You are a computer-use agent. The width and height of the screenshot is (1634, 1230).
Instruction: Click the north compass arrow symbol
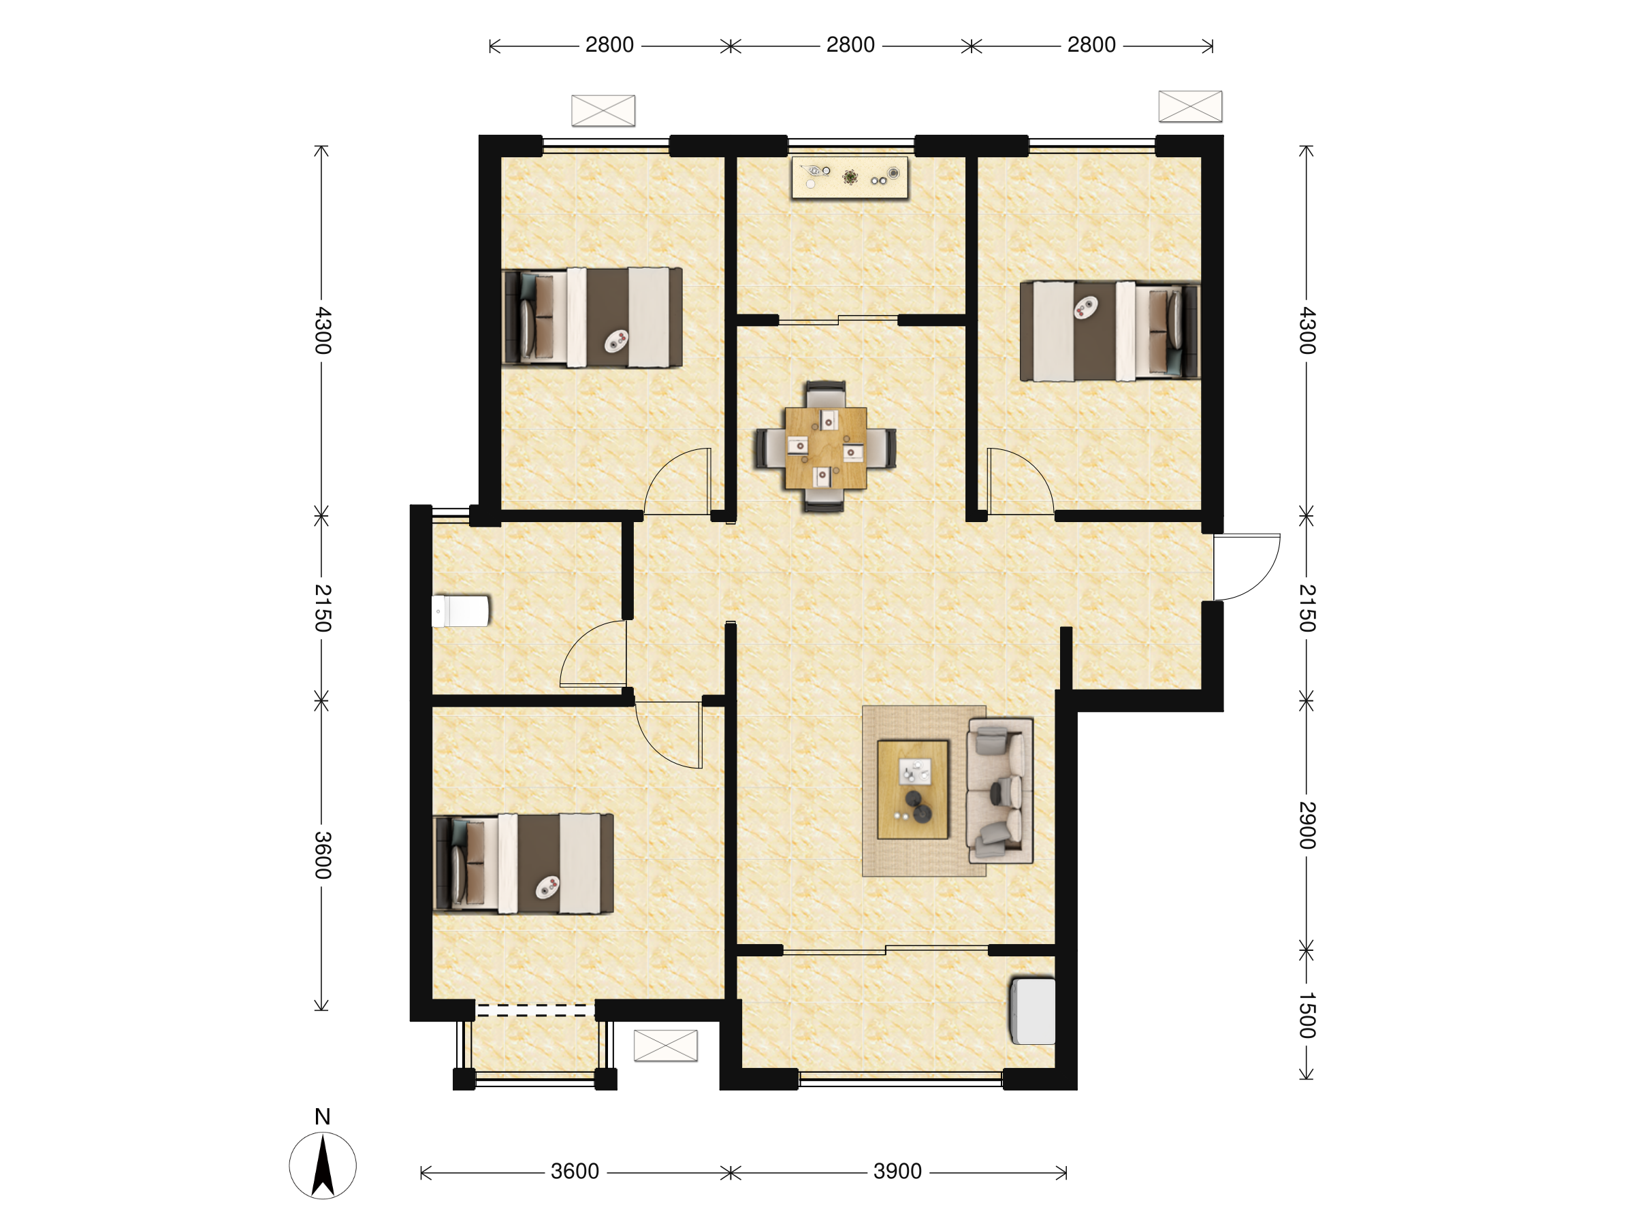coord(323,1167)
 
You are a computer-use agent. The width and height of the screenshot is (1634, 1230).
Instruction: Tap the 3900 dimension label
coord(897,1171)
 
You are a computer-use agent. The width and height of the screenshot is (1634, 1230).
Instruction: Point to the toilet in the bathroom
coord(460,611)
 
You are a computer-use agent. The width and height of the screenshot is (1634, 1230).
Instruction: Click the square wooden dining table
coord(826,448)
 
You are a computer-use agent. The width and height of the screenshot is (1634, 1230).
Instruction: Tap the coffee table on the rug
coord(913,790)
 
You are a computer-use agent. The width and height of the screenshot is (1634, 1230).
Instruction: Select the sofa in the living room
coord(1000,790)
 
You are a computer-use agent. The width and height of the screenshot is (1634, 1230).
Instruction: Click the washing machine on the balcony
coord(1033,1011)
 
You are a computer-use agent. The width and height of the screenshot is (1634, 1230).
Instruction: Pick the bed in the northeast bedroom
coord(1110,331)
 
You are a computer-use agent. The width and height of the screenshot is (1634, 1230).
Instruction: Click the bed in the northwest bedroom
coord(592,318)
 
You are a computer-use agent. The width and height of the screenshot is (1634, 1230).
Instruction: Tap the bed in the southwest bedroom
coord(523,864)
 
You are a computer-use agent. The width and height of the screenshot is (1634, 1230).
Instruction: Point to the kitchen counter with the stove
coord(850,177)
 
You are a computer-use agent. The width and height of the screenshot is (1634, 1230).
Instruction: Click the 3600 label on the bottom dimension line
coord(575,1171)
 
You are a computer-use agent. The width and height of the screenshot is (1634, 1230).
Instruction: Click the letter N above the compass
coord(323,1117)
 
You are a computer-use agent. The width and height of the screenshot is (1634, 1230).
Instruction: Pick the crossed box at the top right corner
coord(1190,106)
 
